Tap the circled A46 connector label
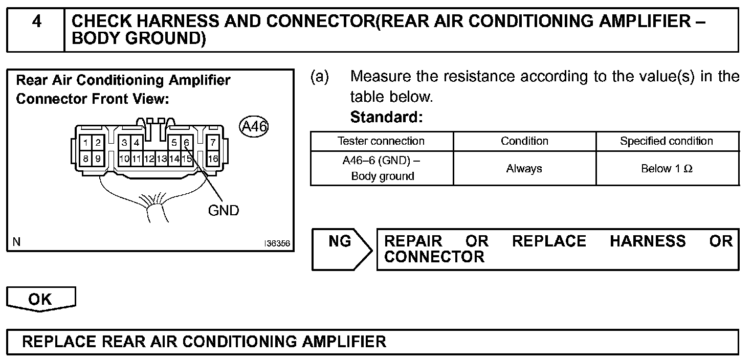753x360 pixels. coord(254,126)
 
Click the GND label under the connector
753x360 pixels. coord(224,210)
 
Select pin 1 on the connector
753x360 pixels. coord(86,143)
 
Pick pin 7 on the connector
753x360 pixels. coord(213,143)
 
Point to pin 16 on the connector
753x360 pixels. coord(213,159)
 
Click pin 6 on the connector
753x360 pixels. coord(187,143)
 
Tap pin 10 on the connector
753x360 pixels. coord(124,159)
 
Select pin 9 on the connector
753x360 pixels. coord(98,159)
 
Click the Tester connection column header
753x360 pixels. coord(381,141)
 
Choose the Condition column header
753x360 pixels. coord(524,141)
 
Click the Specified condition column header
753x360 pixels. coord(667,141)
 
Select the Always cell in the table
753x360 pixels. coord(524,168)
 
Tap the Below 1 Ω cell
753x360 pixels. coord(667,168)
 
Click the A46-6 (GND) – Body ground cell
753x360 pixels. coord(382,168)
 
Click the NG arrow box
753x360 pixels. coord(341,249)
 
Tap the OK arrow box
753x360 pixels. coord(40,299)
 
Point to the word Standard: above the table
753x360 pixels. coord(386,117)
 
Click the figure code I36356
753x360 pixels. coord(277,244)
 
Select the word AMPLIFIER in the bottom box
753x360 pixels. coord(343,342)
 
